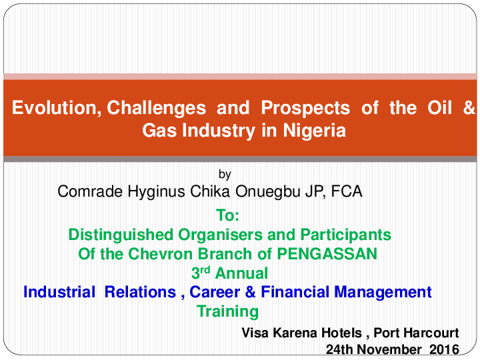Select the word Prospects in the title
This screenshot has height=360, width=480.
[305, 108]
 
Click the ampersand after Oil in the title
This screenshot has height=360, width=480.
[469, 108]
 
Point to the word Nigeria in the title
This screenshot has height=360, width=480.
[315, 130]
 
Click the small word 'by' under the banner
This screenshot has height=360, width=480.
[225, 175]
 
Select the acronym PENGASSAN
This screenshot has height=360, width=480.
[328, 254]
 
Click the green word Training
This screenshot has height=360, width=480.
[228, 311]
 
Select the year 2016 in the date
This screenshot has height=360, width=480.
[444, 349]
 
